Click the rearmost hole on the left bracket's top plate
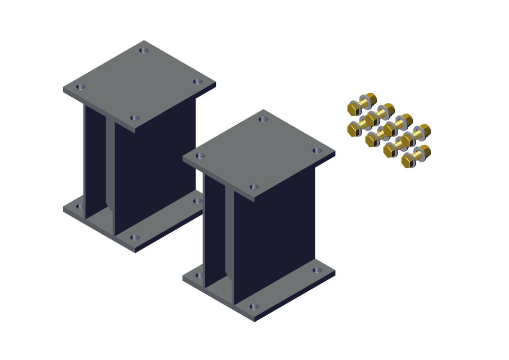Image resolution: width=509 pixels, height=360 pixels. (x=144, y=50)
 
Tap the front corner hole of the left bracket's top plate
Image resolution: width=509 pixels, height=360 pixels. (x=134, y=118)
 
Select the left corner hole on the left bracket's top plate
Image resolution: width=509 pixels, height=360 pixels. (x=80, y=87)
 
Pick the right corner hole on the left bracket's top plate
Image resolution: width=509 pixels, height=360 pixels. (x=197, y=82)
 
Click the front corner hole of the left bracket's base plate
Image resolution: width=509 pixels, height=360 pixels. (x=134, y=238)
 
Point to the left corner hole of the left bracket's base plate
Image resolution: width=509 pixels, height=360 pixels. (x=79, y=207)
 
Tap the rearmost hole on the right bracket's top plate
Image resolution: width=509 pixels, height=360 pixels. (x=263, y=120)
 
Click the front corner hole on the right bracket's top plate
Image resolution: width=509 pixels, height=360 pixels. (x=254, y=187)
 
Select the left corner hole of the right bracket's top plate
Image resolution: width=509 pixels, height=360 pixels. (x=200, y=156)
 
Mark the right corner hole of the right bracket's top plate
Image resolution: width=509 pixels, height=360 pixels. (x=317, y=151)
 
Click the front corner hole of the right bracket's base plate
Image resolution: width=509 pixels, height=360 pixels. (x=254, y=307)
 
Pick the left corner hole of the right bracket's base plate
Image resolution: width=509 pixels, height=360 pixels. (x=199, y=275)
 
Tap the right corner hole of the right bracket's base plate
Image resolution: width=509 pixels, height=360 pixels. (x=317, y=270)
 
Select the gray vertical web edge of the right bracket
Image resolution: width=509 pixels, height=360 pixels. (x=229, y=234)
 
